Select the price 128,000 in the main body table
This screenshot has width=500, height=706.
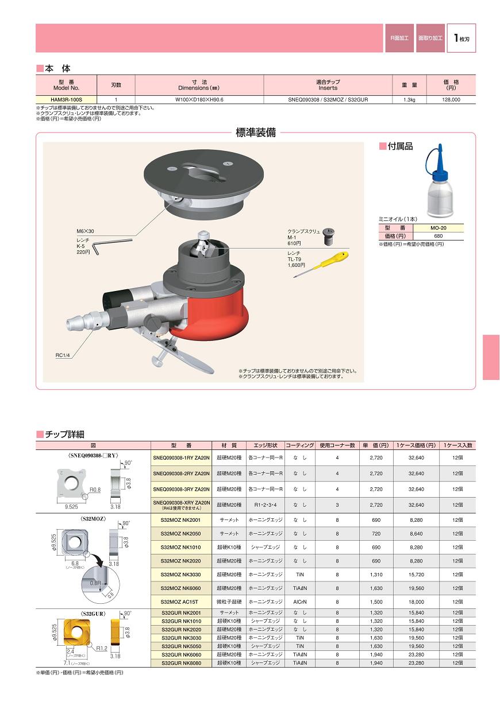coord(451,99)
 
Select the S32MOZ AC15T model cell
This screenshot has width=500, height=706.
coord(179,602)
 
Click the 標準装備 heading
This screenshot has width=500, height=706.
coord(256,133)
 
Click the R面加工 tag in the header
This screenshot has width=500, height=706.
coord(399,38)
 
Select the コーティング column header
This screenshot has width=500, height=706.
coord(300,445)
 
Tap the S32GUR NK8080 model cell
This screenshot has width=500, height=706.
coord(179,662)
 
